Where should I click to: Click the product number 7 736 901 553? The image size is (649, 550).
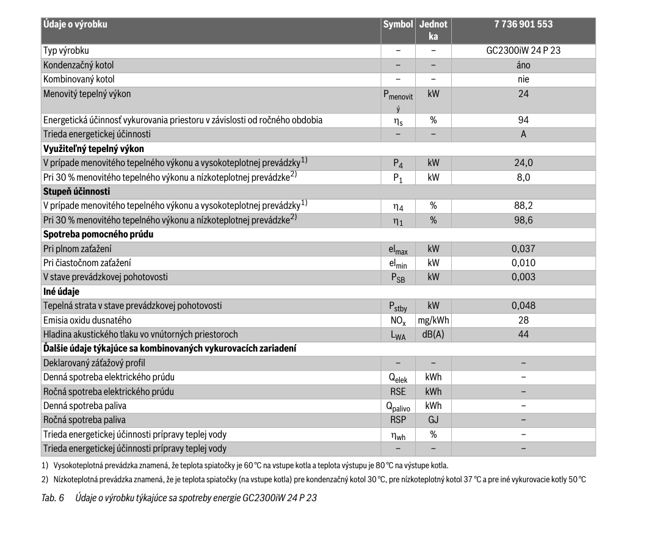pyautogui.click(x=523, y=24)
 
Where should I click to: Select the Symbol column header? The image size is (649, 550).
pyautogui.click(x=397, y=24)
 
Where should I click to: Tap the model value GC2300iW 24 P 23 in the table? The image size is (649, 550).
pyautogui.click(x=523, y=51)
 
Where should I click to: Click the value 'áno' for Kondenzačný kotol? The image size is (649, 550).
pyautogui.click(x=523, y=65)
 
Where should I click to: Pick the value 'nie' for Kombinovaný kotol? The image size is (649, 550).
pyautogui.click(x=523, y=79)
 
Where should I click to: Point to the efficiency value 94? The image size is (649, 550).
pyautogui.click(x=523, y=120)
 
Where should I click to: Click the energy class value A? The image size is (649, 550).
pyautogui.click(x=523, y=134)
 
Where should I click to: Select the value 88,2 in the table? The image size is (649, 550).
pyautogui.click(x=523, y=206)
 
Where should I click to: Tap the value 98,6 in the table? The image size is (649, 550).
pyautogui.click(x=523, y=220)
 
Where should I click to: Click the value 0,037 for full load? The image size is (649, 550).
pyautogui.click(x=523, y=248)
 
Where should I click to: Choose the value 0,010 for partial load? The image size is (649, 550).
pyautogui.click(x=523, y=262)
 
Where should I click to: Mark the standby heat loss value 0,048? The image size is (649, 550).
pyautogui.click(x=523, y=305)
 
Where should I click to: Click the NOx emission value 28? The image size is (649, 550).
pyautogui.click(x=523, y=320)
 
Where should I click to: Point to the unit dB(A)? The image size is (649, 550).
pyautogui.click(x=433, y=335)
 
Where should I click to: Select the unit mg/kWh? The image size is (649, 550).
pyautogui.click(x=433, y=320)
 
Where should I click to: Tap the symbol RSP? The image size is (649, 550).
pyautogui.click(x=397, y=420)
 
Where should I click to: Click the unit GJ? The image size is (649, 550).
pyautogui.click(x=433, y=420)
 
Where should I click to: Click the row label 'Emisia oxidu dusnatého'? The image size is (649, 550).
pyautogui.click(x=87, y=320)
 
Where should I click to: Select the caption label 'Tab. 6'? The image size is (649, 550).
pyautogui.click(x=53, y=498)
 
